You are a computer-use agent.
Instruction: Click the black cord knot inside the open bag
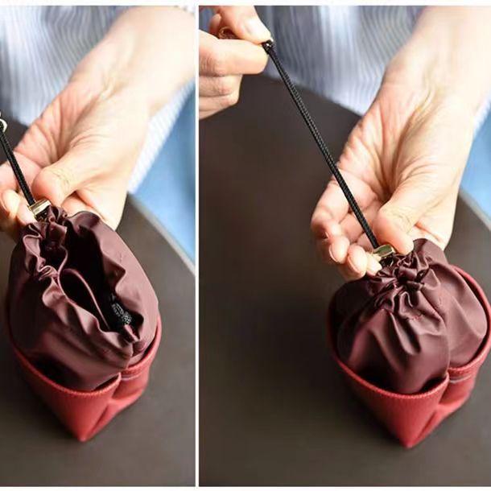[119, 313]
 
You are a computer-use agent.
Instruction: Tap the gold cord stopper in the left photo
[38, 208]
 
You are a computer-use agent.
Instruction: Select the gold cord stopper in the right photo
[384, 251]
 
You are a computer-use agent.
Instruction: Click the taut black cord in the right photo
[322, 145]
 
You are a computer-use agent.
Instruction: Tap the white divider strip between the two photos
[197, 241]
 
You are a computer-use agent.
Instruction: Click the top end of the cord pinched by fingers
[267, 43]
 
